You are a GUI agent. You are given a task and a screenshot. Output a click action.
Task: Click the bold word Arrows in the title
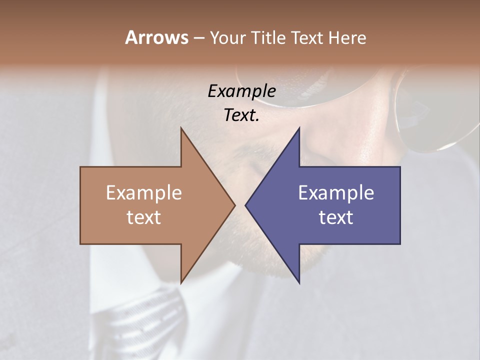156,37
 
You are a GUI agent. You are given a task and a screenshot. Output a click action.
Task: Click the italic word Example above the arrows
241,91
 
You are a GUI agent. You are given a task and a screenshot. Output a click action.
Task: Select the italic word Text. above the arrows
241,115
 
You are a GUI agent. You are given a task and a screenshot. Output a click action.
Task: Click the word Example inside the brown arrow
144,193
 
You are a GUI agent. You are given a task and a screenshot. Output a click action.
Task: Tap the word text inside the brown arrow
144,217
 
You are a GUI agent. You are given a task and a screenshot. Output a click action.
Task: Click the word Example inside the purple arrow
336,193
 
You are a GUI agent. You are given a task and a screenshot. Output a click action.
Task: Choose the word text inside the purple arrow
336,217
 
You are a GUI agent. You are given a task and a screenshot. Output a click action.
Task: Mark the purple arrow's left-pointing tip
246,205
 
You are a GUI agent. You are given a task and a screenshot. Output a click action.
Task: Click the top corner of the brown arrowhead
181,128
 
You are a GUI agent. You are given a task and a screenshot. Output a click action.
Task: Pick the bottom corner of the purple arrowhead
299,282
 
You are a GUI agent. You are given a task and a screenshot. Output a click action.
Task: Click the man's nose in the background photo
330,145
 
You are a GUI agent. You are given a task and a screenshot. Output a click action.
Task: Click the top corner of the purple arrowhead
299,128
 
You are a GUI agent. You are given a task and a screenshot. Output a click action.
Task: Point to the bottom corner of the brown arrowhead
181,282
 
